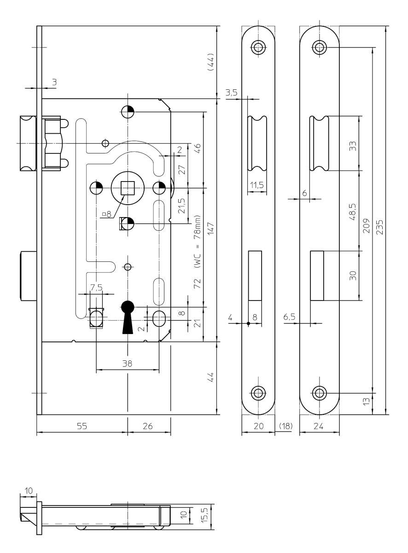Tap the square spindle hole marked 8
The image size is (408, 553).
(x=128, y=188)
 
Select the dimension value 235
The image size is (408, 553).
(x=379, y=227)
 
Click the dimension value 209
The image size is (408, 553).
(x=366, y=226)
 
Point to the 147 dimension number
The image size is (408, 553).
(x=211, y=229)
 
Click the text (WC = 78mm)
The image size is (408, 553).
(x=198, y=241)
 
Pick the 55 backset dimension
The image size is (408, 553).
(x=82, y=426)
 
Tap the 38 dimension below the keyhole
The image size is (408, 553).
(x=127, y=364)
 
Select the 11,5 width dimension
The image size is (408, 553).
(x=257, y=185)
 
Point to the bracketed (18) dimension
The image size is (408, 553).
(x=286, y=426)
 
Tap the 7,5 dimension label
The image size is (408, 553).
(x=96, y=288)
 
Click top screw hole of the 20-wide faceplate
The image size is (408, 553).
(x=258, y=47)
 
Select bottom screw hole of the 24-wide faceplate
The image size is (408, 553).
(x=319, y=393)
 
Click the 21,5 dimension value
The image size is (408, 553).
(x=182, y=206)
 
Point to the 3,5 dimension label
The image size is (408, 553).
(x=232, y=93)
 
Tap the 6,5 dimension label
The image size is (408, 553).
(x=289, y=317)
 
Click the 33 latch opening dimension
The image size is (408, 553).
(x=353, y=146)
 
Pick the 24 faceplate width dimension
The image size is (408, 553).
(x=318, y=426)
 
